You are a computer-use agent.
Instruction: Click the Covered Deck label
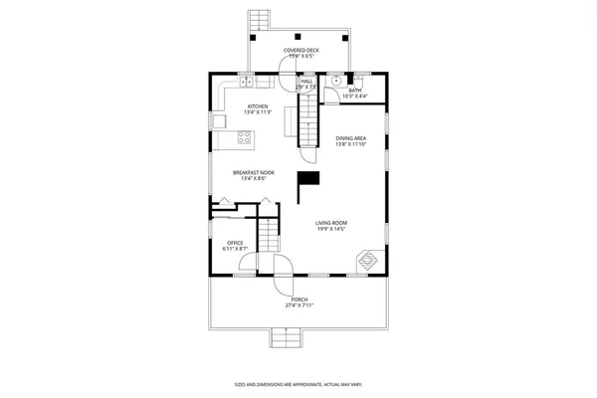[300, 50]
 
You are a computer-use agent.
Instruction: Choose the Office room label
[235, 243]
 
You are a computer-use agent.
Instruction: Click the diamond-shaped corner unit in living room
[368, 260]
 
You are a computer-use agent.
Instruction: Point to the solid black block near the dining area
[311, 177]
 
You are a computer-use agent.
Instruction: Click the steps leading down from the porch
[285, 338]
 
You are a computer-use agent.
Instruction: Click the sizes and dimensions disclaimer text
[298, 383]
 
